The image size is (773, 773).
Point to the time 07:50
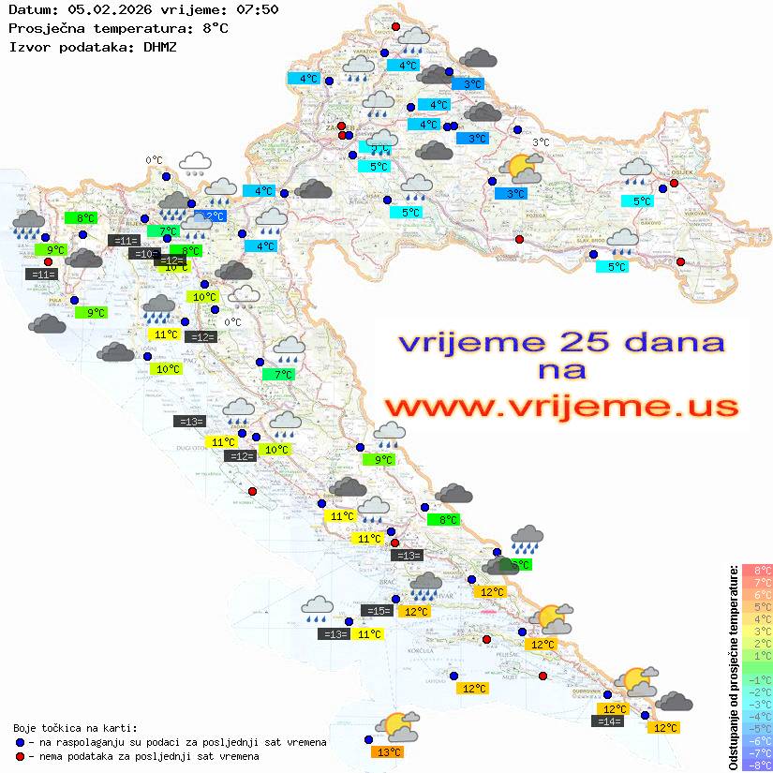(x=258, y=9)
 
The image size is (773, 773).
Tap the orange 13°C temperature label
(x=388, y=751)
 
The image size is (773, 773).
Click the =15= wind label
(x=377, y=611)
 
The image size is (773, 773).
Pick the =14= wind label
(x=607, y=721)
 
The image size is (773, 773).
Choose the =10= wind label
(x=143, y=254)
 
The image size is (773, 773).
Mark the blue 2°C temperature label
(x=214, y=216)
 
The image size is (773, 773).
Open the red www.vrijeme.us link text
(x=561, y=407)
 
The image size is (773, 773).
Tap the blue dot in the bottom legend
(x=20, y=742)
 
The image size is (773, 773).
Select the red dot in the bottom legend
(x=20, y=756)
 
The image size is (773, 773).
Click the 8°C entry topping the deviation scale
(x=756, y=571)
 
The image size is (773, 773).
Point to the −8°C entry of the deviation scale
(x=756, y=766)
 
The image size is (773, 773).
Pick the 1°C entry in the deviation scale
(x=756, y=656)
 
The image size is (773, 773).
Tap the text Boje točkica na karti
(x=75, y=727)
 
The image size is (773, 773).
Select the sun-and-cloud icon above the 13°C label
(x=396, y=726)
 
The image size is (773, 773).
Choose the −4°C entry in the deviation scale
(x=756, y=717)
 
